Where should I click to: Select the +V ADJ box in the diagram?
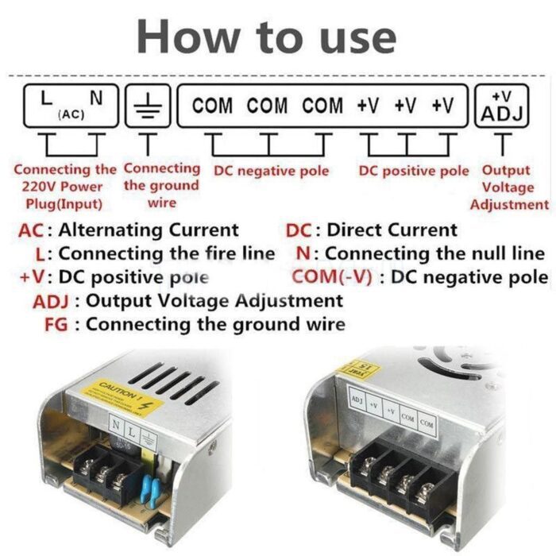pos(502,106)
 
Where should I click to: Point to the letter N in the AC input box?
pos(97,99)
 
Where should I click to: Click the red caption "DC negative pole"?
pos(271,171)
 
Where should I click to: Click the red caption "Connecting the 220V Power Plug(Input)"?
pos(65,187)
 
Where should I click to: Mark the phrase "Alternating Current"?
pos(149,230)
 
